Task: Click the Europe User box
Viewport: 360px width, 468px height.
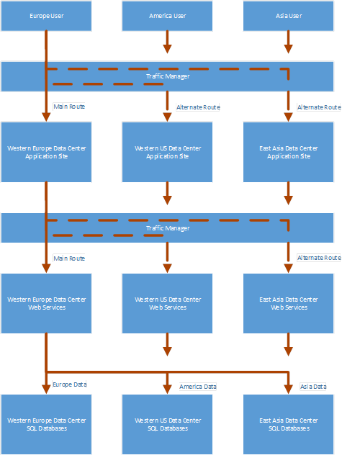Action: coord(46,16)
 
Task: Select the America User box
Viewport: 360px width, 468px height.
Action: coord(167,16)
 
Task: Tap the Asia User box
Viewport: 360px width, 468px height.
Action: coord(288,16)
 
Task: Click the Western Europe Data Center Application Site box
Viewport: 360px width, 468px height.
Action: coord(46,152)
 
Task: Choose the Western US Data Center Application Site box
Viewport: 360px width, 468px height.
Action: coord(167,152)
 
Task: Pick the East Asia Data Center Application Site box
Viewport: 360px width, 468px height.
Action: coord(288,152)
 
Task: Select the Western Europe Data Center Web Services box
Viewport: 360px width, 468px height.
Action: coord(46,303)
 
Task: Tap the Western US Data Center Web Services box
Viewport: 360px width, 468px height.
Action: coord(167,303)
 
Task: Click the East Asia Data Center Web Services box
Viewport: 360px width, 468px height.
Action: coord(288,303)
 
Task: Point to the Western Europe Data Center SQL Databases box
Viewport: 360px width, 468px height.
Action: coord(46,424)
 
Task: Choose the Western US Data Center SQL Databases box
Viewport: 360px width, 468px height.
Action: coord(167,424)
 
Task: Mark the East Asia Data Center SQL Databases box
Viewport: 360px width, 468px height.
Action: coord(288,424)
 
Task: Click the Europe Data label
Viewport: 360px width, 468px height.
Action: coord(70,384)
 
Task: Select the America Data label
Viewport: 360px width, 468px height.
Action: coord(198,387)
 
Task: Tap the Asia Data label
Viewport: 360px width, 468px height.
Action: coord(313,387)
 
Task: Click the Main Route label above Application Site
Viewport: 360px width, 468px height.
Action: coord(69,107)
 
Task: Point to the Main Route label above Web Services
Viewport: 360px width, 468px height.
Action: coord(69,258)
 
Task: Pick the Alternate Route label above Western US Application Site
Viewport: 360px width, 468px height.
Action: coord(198,107)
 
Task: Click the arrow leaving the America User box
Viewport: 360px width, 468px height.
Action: coord(167,42)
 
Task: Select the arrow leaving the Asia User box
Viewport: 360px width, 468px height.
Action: coord(288,42)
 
